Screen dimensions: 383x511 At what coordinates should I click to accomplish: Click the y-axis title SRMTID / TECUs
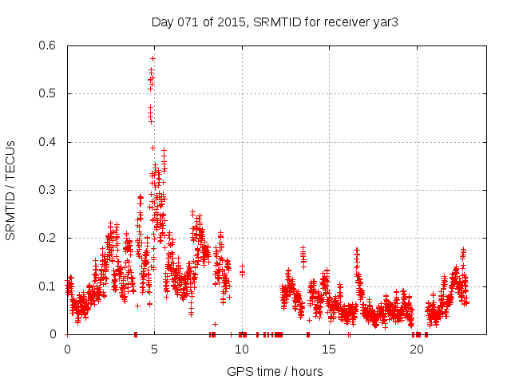(10, 190)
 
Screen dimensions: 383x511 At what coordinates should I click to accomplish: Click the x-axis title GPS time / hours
(275, 371)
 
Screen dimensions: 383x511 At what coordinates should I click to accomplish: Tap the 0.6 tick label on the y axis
(49, 45)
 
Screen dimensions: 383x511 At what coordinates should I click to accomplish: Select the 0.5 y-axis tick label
(49, 93)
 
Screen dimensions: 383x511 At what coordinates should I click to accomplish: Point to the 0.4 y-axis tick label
(49, 142)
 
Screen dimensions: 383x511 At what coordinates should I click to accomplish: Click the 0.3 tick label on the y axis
(49, 190)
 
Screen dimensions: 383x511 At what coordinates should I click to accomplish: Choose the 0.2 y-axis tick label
(49, 238)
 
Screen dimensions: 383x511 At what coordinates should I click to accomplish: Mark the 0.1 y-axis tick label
(49, 286)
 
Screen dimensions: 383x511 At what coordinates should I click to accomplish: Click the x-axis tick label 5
(154, 349)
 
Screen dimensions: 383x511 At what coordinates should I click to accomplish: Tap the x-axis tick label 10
(241, 349)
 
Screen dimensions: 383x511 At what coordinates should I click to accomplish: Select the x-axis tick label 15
(329, 349)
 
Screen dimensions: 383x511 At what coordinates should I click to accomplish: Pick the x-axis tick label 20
(416, 349)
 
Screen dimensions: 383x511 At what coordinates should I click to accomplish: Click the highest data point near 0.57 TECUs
(153, 58)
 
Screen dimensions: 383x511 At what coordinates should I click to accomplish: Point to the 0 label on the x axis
(67, 349)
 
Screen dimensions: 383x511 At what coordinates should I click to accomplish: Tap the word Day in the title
(161, 22)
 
